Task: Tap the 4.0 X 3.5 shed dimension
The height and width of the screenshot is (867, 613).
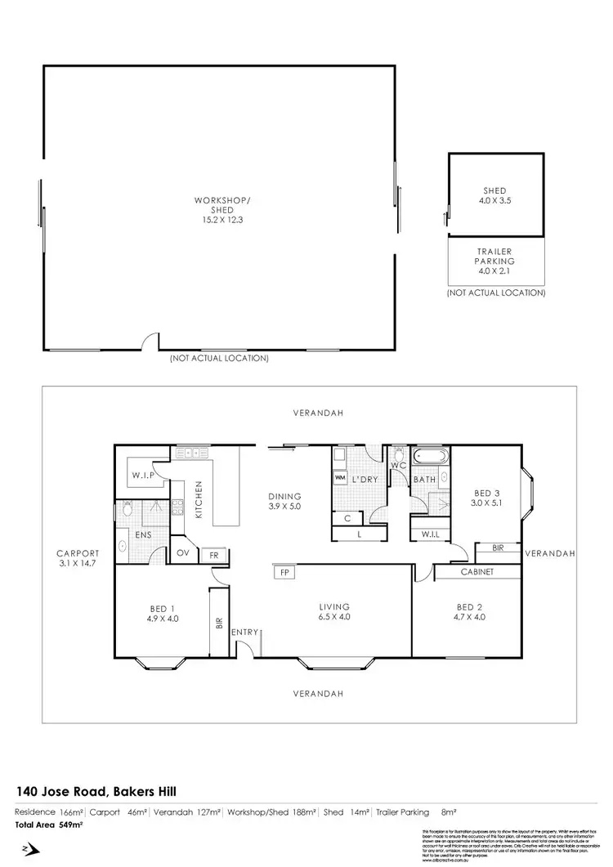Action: tap(495, 199)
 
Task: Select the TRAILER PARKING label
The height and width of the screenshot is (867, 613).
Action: tap(495, 257)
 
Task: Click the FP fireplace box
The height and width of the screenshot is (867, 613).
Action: tap(284, 572)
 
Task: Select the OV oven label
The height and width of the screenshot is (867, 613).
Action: tap(184, 553)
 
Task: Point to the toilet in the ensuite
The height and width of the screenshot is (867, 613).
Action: tap(126, 510)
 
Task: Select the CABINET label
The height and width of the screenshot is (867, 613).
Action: tap(477, 572)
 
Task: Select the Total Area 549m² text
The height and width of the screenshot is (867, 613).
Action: tap(49, 825)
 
